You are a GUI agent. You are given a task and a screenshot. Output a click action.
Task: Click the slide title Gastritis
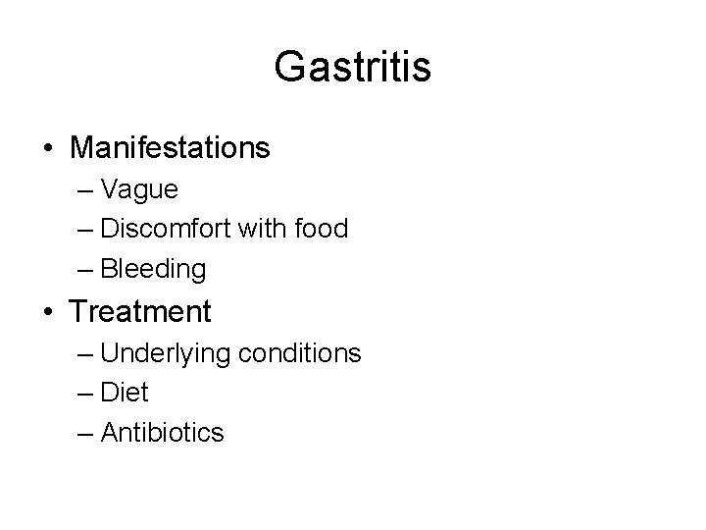(352, 68)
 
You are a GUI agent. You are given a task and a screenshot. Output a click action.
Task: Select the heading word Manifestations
(170, 148)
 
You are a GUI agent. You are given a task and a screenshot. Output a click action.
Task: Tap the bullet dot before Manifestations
(48, 149)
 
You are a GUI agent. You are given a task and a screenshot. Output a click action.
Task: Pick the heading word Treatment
(140, 312)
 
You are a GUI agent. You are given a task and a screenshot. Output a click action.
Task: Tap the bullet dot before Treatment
(48, 313)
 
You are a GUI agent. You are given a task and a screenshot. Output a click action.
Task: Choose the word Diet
(124, 393)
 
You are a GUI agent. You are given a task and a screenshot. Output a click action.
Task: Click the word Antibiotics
(162, 433)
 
